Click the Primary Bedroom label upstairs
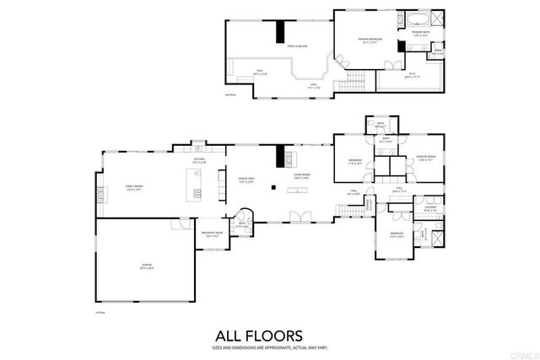(369, 40)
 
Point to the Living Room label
(301, 175)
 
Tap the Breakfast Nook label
(212, 234)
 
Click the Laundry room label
(430, 207)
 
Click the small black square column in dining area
(273, 187)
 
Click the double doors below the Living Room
(295, 219)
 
